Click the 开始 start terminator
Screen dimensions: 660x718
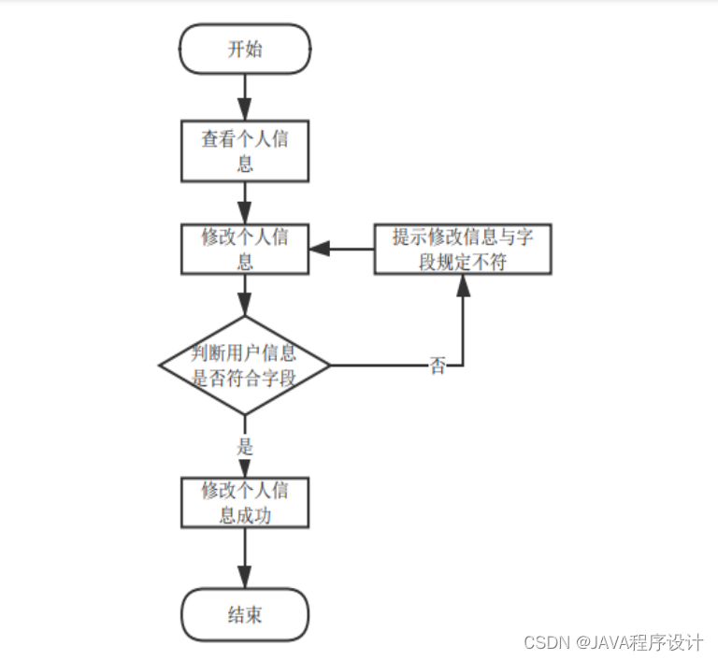coord(245,50)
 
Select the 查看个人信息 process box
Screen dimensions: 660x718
coord(245,151)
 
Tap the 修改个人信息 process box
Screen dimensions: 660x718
coord(245,249)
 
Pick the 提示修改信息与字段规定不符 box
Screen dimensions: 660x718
coord(463,249)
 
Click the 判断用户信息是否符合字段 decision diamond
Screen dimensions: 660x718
coord(245,365)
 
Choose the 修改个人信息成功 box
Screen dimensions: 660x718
coord(245,503)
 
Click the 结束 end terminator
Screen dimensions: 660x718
coord(245,614)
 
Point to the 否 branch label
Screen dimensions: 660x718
coord(438,366)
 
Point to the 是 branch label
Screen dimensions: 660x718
coord(245,447)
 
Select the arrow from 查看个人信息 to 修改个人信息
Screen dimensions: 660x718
coord(245,200)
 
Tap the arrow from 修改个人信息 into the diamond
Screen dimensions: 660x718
coord(245,296)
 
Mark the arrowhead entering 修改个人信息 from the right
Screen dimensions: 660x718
coord(319,249)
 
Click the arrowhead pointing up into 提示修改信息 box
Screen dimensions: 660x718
coord(463,284)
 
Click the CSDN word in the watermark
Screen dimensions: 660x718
coord(547,643)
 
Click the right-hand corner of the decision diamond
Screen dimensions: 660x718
coord(330,365)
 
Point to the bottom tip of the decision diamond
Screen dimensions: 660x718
coord(245,413)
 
